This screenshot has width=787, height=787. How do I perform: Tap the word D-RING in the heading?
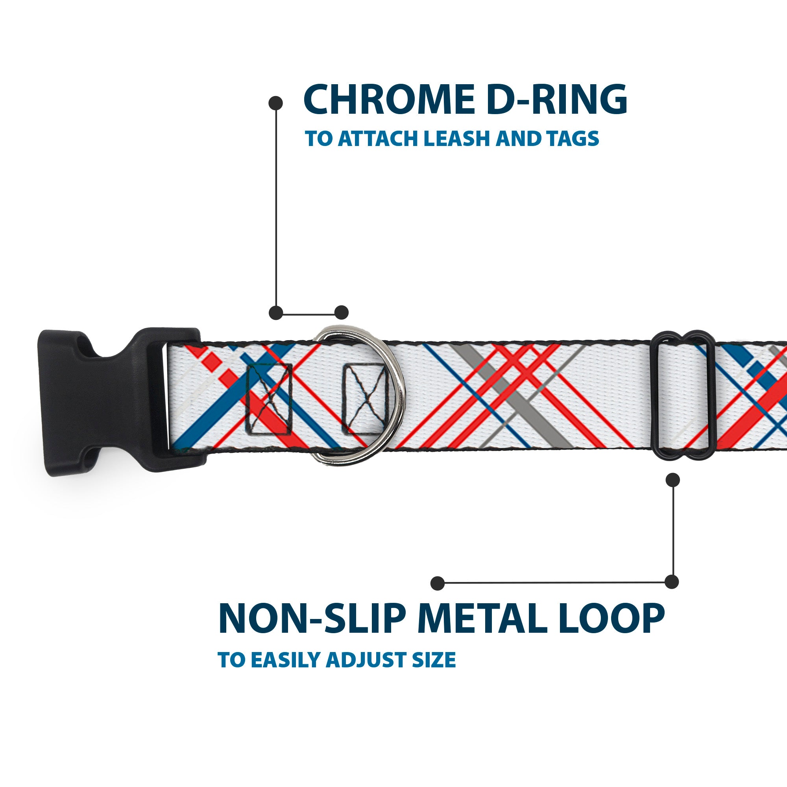(x=556, y=100)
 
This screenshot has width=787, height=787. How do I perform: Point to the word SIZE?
(x=433, y=660)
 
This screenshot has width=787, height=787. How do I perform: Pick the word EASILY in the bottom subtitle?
(x=287, y=660)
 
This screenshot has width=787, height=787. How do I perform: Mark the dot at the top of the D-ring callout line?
(x=276, y=103)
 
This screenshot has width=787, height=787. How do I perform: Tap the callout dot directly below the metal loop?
(x=672, y=480)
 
